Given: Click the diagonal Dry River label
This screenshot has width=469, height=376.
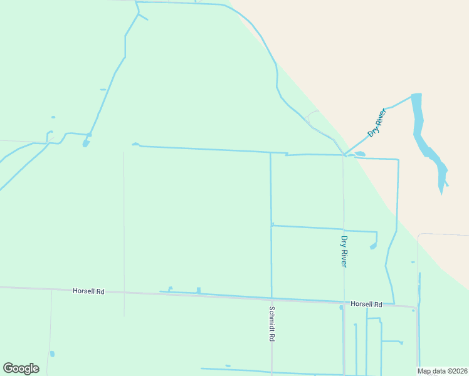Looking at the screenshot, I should click(x=376, y=123).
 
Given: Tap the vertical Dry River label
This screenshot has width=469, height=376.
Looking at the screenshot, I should click(x=344, y=251).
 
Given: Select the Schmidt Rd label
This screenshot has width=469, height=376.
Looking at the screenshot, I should click(x=272, y=323).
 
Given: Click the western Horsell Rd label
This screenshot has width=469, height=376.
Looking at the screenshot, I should click(x=88, y=291).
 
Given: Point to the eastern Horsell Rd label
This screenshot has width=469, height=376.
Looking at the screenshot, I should click(x=366, y=304).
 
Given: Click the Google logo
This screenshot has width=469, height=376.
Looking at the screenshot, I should click(x=21, y=368).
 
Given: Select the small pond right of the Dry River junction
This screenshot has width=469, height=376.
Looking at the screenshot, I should click(x=360, y=154).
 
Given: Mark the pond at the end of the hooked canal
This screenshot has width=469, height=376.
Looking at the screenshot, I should click(x=373, y=246).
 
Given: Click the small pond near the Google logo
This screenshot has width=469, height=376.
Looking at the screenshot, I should click(x=52, y=354).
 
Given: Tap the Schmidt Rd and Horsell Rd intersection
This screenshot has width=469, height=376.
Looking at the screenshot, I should click(x=271, y=299).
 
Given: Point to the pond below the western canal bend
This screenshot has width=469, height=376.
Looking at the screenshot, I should click(x=85, y=144).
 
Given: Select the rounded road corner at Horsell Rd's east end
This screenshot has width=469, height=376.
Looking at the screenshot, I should click(x=414, y=309).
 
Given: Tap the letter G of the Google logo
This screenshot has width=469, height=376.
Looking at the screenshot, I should click(x=9, y=368).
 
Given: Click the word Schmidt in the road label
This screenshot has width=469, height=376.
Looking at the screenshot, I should click(x=272, y=319).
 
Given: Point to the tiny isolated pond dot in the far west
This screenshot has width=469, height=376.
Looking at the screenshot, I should click(x=53, y=117).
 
